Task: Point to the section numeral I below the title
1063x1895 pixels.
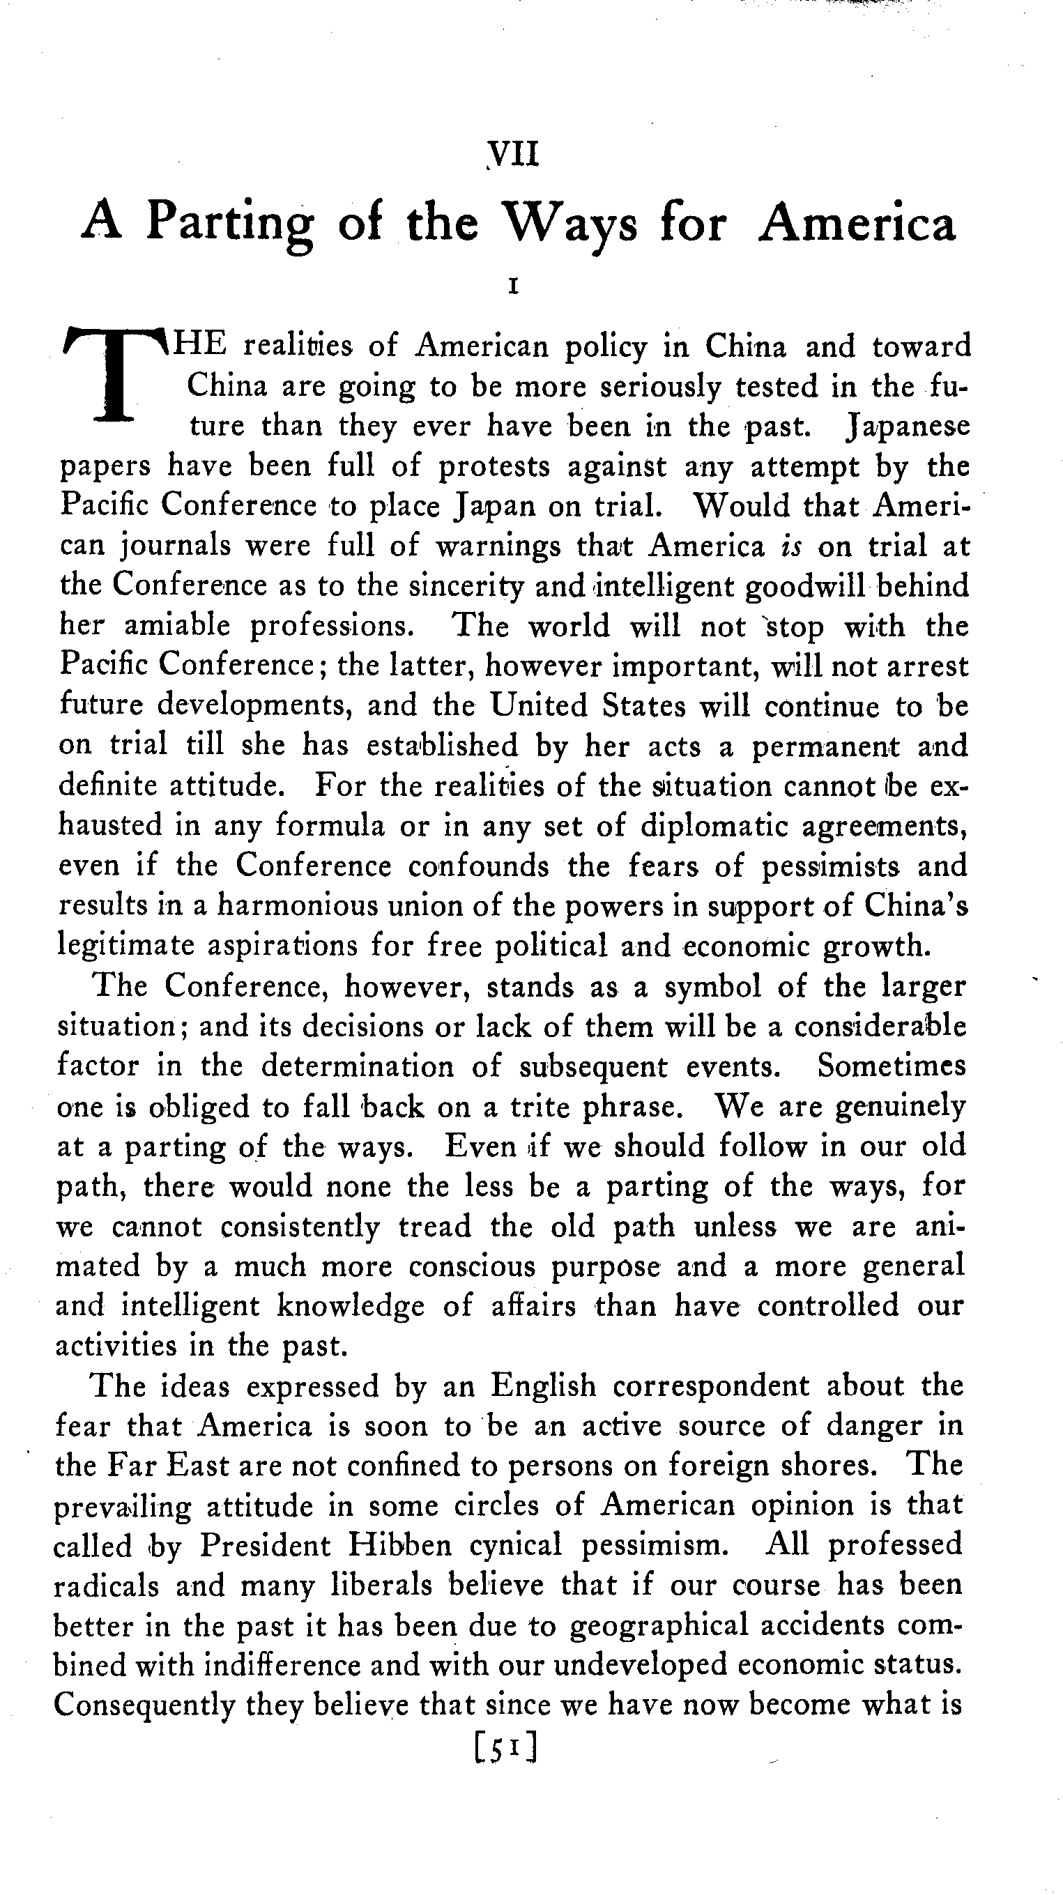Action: pyautogui.click(x=514, y=286)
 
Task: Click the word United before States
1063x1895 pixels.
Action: pyautogui.click(x=540, y=705)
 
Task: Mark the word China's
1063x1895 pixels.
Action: pyautogui.click(x=916, y=905)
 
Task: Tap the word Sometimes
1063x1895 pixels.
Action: pyautogui.click(x=892, y=1066)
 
